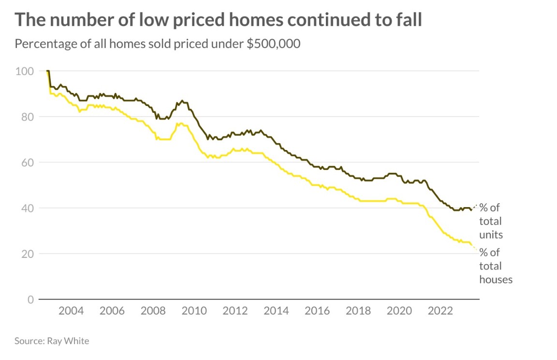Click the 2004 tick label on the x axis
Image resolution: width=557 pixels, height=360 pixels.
coord(71,310)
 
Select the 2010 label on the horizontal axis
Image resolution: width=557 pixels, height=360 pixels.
coord(194,310)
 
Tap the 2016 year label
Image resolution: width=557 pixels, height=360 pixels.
coord(317,310)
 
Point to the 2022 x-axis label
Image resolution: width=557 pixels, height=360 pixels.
coord(440,310)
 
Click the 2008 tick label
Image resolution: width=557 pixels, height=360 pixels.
coord(153,310)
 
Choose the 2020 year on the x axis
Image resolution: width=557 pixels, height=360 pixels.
coord(399,310)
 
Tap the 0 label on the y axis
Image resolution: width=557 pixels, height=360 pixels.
coord(30,300)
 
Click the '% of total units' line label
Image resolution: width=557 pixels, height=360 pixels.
coord(491,221)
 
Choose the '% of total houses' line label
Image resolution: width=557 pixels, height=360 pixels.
coord(495,266)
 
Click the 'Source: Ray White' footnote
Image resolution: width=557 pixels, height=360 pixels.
coord(52,341)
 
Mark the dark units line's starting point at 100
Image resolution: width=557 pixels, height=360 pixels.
coord(47,71)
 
